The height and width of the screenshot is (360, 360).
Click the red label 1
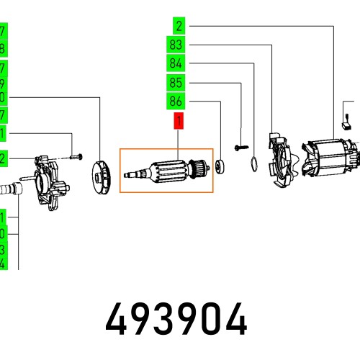pyautogui.click(x=177, y=120)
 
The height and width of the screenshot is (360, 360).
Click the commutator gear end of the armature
pyautogui.click(x=197, y=170)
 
